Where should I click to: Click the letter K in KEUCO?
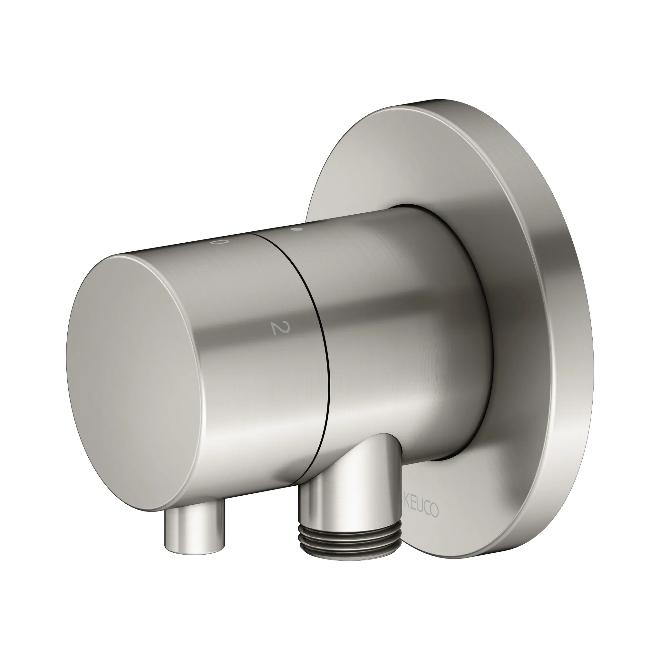(406, 499)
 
